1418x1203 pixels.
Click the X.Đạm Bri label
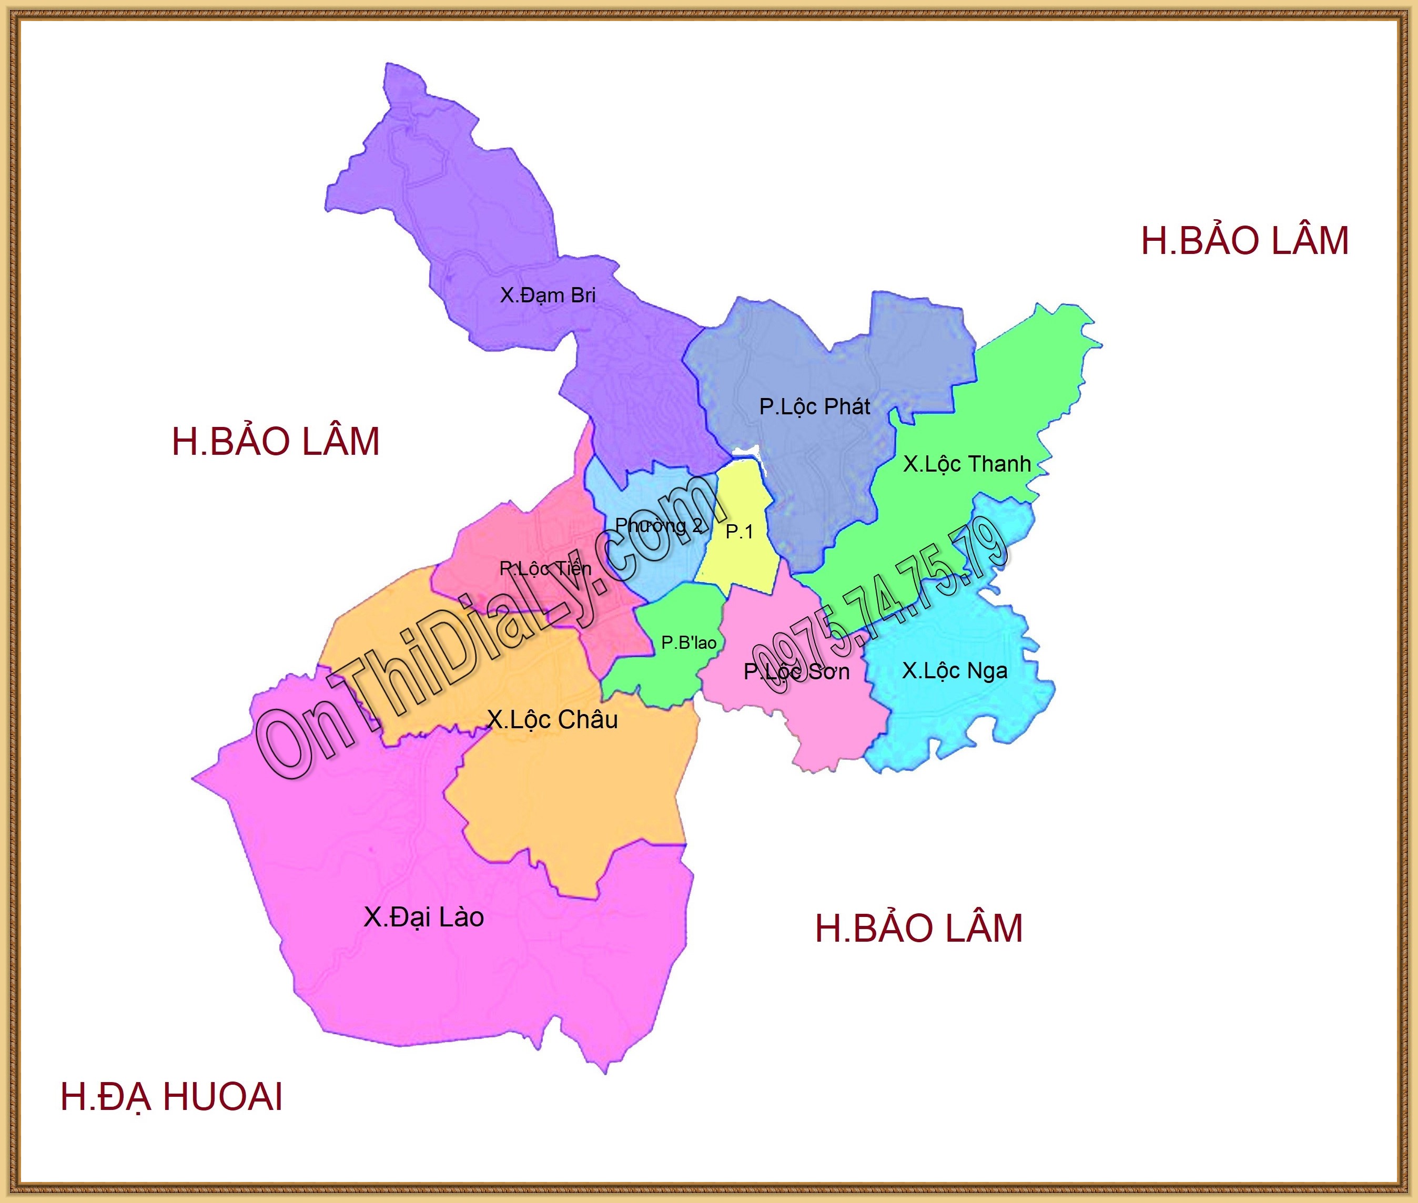click(x=548, y=295)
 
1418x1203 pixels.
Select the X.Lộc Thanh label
click(x=967, y=464)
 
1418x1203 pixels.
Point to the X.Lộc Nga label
click(x=954, y=671)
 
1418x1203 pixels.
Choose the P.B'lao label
click(x=689, y=643)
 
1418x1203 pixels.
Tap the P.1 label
click(x=740, y=532)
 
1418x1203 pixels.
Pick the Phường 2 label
click(x=658, y=525)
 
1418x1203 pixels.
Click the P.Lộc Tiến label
click(x=545, y=568)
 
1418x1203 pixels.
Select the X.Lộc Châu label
click(x=552, y=719)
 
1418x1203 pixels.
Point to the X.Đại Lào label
click(x=423, y=917)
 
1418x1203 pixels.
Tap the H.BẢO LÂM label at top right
click(x=1245, y=241)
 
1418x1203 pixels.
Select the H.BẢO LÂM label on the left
click(x=276, y=442)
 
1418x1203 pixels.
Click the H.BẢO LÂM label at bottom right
click(x=919, y=929)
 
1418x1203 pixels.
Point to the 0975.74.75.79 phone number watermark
click(x=880, y=607)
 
